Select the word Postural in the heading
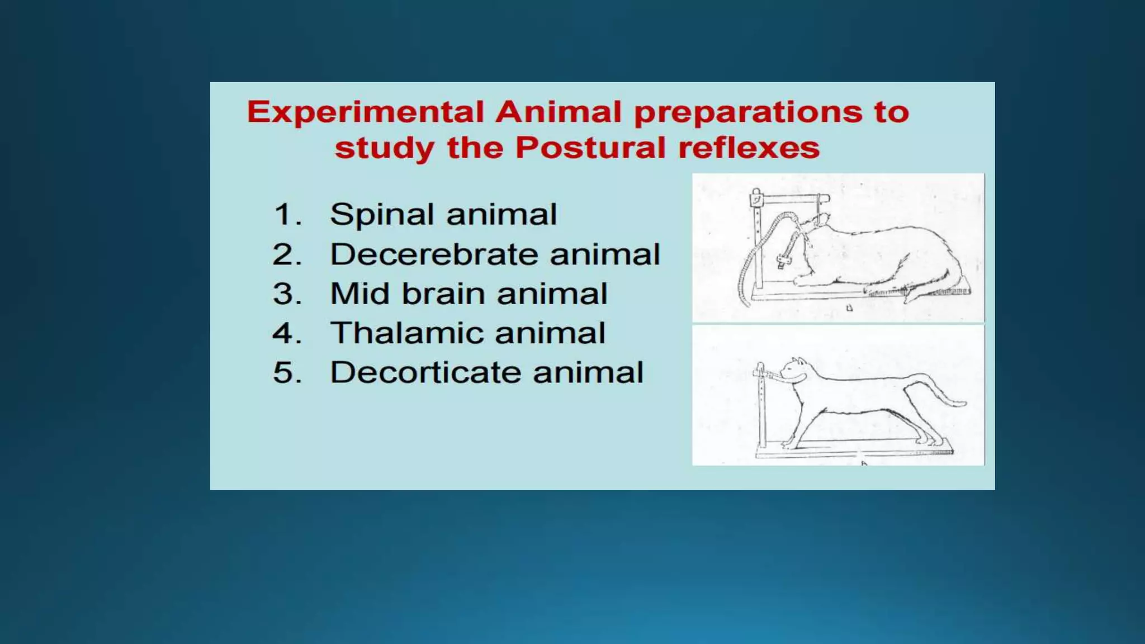tap(590, 148)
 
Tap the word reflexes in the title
tap(749, 148)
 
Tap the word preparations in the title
tap(747, 112)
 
